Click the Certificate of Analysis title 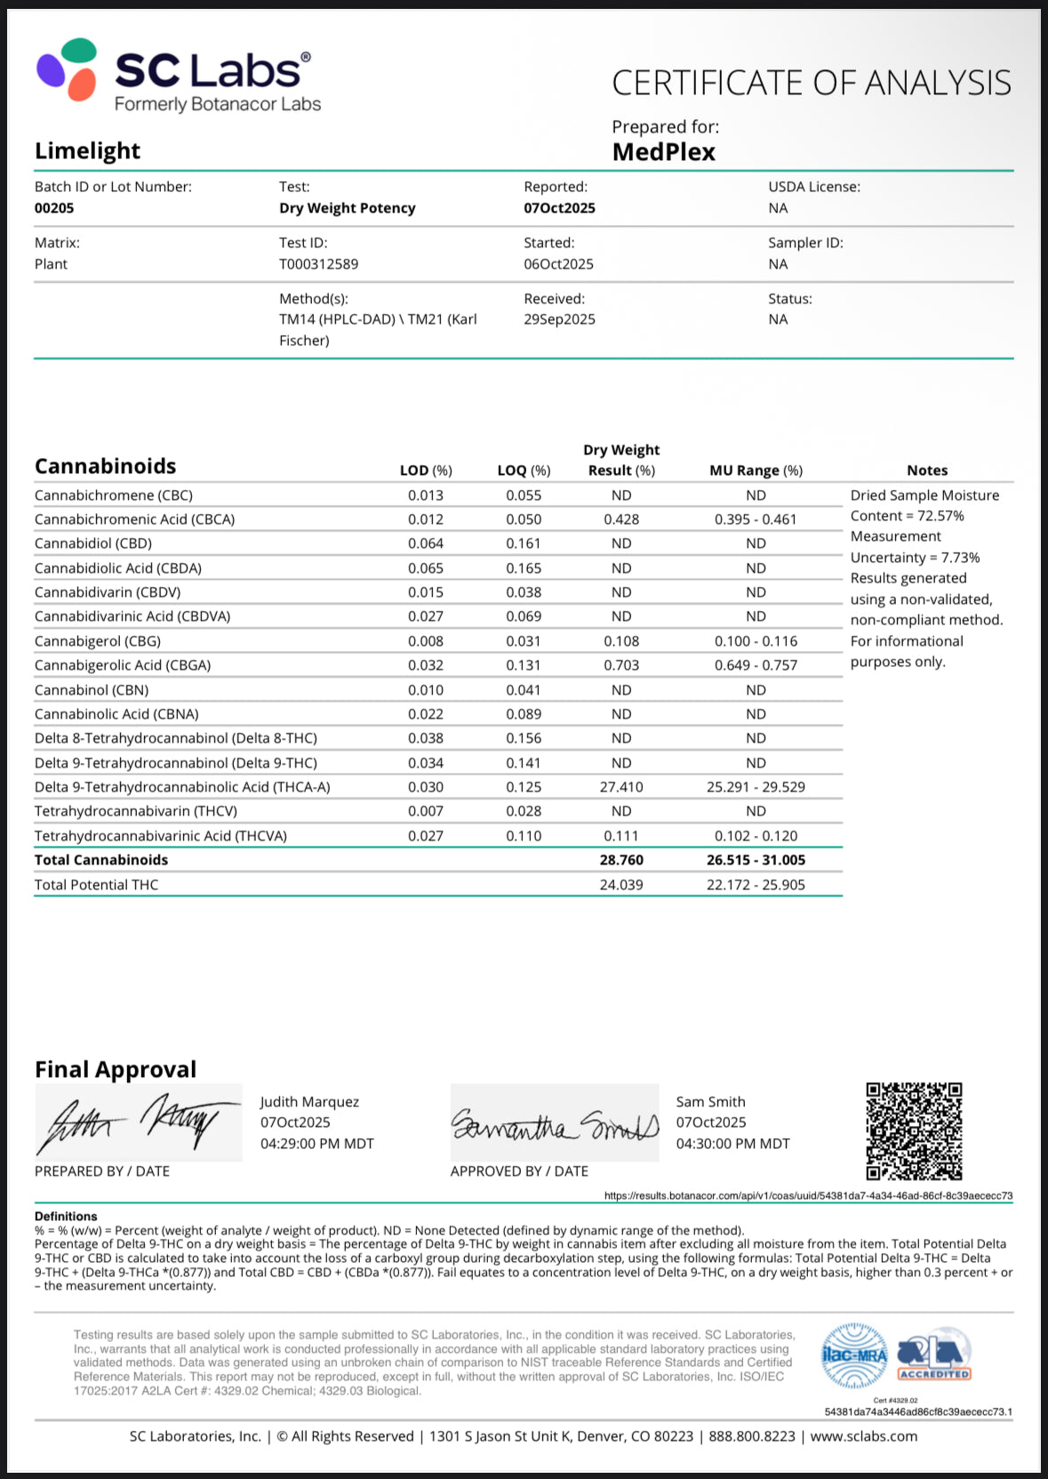click(811, 83)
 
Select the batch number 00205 click(54, 208)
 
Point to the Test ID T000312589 click(318, 264)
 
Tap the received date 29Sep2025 click(559, 319)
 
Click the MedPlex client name click(663, 152)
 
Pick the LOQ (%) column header click(524, 470)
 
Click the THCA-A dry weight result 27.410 click(621, 787)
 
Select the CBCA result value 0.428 click(621, 519)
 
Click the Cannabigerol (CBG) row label click(98, 641)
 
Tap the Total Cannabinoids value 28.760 click(621, 860)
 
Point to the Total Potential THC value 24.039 click(621, 885)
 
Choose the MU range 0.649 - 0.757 click(756, 665)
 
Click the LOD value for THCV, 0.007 click(426, 811)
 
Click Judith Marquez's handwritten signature click(138, 1122)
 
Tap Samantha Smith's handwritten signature click(555, 1124)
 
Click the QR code click(914, 1130)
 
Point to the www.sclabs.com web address click(863, 1436)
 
